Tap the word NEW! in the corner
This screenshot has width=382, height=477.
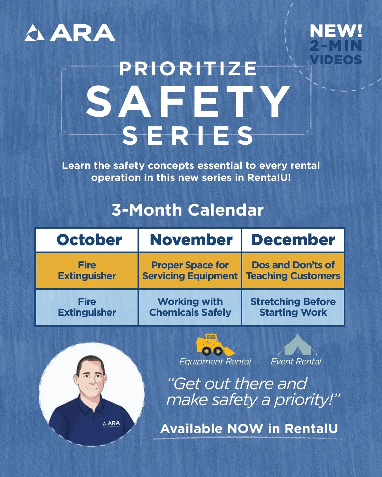point(336,31)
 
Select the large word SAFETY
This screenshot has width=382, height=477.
point(188,101)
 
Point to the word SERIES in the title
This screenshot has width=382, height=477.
point(188,135)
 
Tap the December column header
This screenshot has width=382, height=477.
point(293,240)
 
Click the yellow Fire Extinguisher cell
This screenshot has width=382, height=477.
point(87,271)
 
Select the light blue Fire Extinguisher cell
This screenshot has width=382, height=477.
point(87,307)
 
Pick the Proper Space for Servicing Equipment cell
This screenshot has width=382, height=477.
point(190,271)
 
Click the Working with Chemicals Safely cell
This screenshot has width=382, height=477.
point(190,307)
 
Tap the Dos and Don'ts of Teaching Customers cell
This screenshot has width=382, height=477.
point(293,271)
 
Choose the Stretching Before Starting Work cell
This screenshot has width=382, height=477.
point(293,307)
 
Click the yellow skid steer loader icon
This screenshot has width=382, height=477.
point(215,345)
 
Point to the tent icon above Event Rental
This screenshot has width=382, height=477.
point(297,345)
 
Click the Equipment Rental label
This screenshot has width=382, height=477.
point(215,362)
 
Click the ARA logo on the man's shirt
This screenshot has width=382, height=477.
point(112,423)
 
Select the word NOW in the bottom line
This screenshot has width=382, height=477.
point(245,429)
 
